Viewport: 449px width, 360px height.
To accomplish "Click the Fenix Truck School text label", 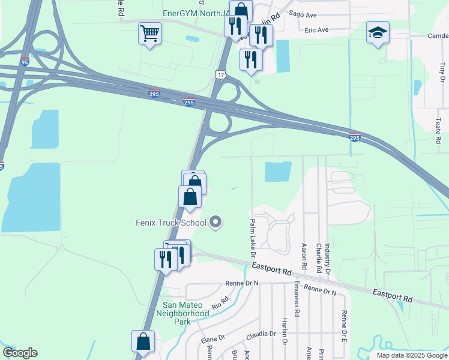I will coord(170,223).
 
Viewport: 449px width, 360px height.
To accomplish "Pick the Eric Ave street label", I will coord(316,29).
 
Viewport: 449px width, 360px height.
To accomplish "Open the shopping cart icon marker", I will coord(149,33).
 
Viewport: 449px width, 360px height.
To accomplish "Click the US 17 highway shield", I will coord(221,73).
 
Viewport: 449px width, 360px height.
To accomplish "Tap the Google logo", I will coord(20,353).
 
